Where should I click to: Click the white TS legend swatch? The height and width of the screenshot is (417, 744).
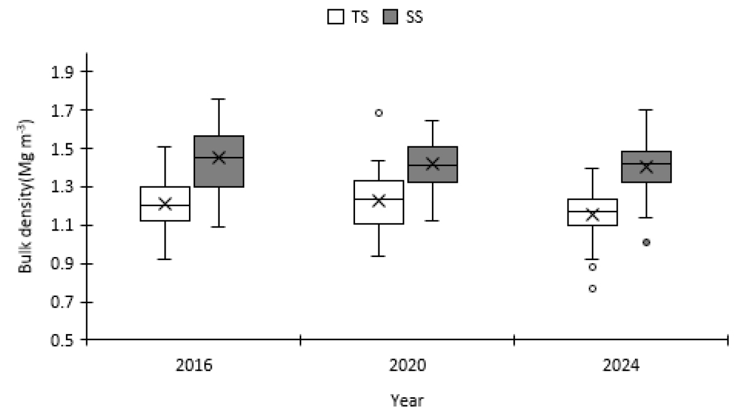point(335,17)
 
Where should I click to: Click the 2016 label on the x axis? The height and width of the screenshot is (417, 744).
point(193,366)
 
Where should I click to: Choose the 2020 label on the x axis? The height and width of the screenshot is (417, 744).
point(407,366)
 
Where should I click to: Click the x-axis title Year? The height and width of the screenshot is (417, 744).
point(407,401)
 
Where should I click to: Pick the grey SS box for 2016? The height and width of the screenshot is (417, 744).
point(218,161)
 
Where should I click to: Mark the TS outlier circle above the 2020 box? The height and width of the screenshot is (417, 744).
point(378,113)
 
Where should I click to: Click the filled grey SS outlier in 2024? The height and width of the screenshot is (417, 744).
point(646,242)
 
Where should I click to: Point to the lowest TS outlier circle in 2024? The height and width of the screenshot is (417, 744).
point(592,288)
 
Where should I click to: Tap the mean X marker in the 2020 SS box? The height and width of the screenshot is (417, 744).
point(432,164)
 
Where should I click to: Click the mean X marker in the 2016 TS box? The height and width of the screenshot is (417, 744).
point(164,204)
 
